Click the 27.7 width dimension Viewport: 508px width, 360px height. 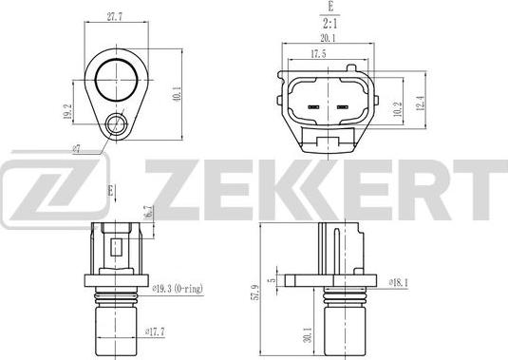(115, 17)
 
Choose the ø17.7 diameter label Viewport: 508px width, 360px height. (155, 332)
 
